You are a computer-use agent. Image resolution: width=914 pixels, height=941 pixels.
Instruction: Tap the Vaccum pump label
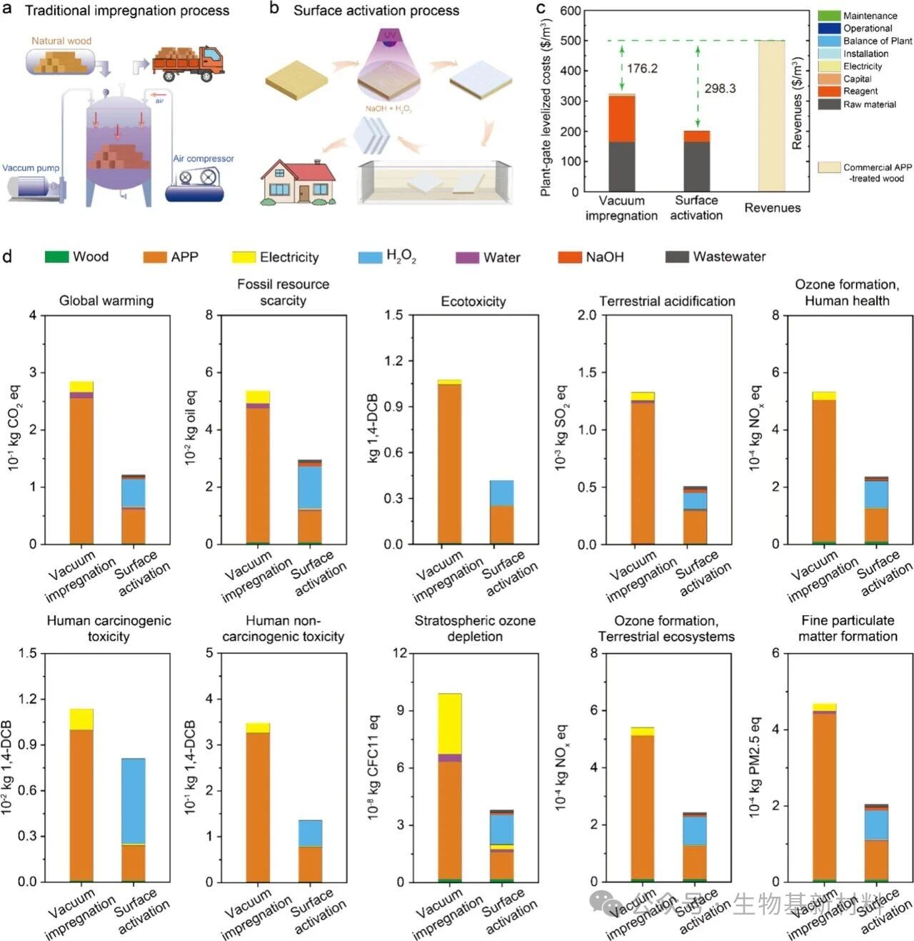(x=31, y=168)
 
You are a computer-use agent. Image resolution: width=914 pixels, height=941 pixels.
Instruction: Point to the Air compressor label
(x=203, y=159)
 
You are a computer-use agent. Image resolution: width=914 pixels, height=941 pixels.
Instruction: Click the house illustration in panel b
(x=298, y=183)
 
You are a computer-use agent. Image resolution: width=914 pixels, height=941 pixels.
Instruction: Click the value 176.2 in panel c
(x=642, y=69)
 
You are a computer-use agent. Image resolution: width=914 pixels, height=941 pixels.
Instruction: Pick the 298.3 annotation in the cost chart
(x=720, y=89)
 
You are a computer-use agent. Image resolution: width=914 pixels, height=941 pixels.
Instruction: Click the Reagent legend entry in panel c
(x=860, y=91)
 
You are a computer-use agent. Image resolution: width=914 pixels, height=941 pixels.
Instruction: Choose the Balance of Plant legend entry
(x=877, y=41)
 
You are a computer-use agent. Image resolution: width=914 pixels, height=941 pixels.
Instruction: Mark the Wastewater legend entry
(x=728, y=257)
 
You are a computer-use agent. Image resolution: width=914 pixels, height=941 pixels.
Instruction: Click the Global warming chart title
(x=106, y=301)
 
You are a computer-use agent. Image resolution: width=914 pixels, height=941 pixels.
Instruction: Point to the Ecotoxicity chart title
(x=473, y=302)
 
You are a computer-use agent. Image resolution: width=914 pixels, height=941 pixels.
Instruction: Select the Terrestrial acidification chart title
(x=667, y=302)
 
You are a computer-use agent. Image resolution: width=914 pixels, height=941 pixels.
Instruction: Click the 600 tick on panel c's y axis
(x=570, y=11)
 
